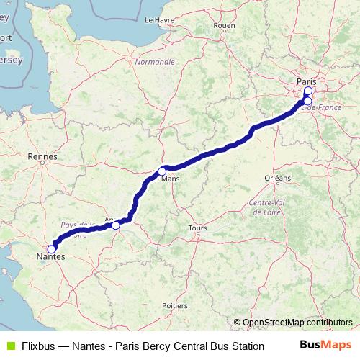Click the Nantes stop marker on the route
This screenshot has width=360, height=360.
tap(51, 249)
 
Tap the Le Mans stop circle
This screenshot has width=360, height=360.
tap(162, 171)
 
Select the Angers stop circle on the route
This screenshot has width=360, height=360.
tap(116, 225)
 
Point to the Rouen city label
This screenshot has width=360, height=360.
tap(225, 25)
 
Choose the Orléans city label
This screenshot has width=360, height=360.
tap(278, 177)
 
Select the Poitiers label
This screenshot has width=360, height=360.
tap(175, 306)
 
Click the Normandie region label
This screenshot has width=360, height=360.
tap(155, 62)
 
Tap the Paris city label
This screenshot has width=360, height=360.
tap(307, 82)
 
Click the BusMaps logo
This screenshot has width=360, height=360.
tap(325, 346)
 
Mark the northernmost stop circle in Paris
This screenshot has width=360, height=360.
tap(308, 91)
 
